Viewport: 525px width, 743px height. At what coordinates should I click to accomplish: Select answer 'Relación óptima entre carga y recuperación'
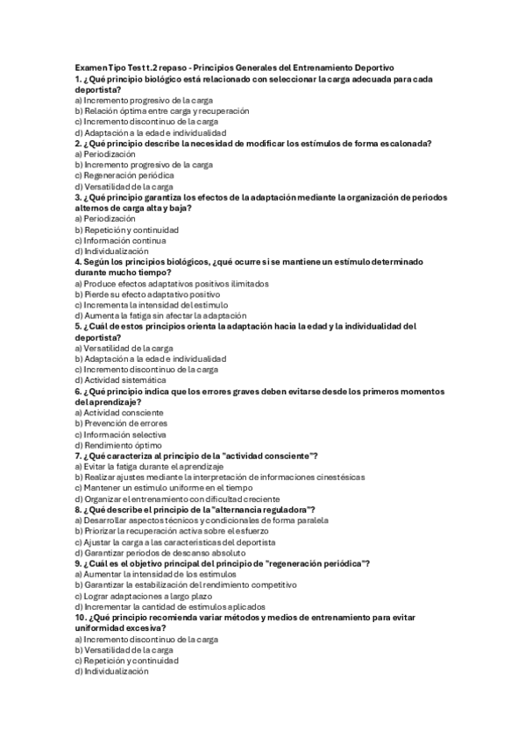(x=150, y=111)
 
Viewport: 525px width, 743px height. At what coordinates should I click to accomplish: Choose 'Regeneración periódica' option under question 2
(x=123, y=175)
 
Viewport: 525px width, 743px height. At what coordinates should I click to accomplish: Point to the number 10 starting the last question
(x=80, y=618)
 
